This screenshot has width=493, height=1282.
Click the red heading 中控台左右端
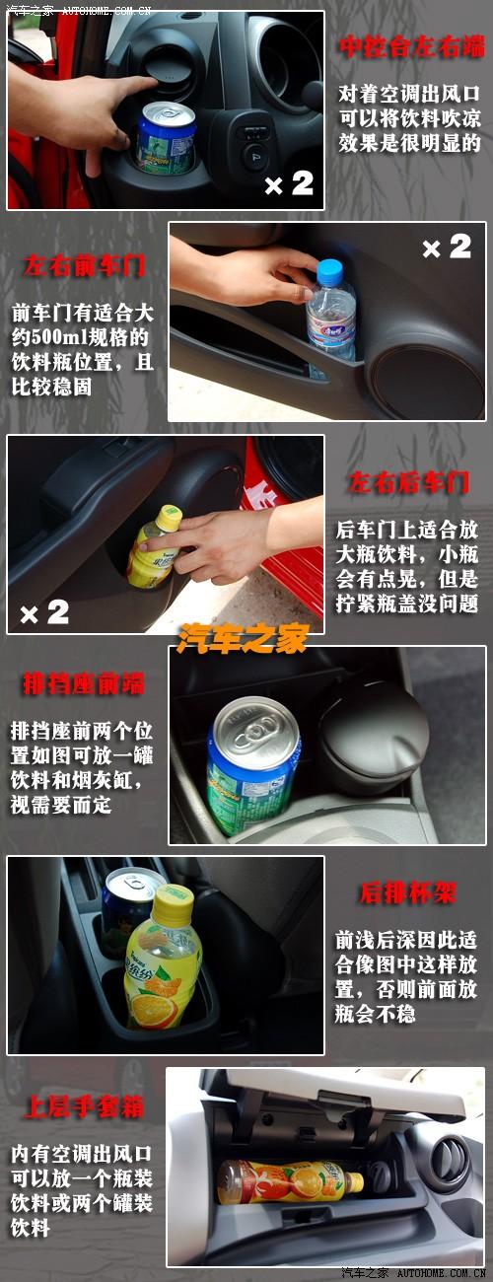411,46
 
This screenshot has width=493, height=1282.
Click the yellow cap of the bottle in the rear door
169,515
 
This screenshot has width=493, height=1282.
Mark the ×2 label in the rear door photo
44,612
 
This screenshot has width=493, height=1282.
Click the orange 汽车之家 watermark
243,638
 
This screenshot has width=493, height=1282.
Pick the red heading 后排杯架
406,893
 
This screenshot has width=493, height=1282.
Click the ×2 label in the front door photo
446,248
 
